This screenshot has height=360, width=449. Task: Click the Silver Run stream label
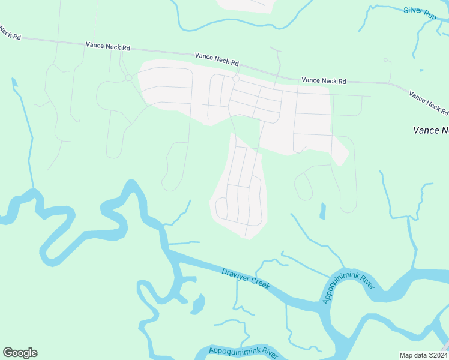[x=420, y=11]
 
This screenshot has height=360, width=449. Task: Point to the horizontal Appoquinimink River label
[x=244, y=351]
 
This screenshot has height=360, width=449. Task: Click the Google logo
[x=20, y=353]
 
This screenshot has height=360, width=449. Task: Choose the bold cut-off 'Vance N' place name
[x=430, y=130]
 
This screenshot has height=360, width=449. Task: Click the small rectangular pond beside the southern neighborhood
[x=322, y=211]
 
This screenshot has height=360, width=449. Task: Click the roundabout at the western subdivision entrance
[x=128, y=77]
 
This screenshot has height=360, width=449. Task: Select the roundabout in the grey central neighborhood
[x=236, y=79]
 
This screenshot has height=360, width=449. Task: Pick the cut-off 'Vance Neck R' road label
[x=429, y=102]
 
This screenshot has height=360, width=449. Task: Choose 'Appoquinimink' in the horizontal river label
[x=234, y=350]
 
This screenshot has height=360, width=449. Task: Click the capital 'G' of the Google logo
[x=8, y=352]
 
